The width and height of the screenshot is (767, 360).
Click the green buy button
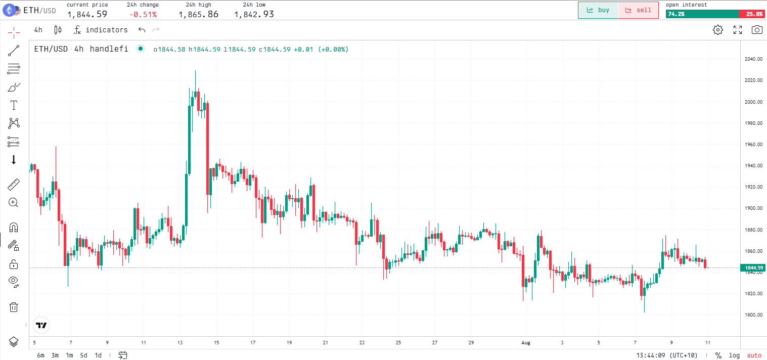click(598, 10)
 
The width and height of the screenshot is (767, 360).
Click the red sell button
click(638, 10)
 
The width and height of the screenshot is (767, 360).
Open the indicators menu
click(101, 30)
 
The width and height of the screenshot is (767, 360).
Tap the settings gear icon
click(717, 30)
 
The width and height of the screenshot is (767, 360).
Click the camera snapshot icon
click(756, 30)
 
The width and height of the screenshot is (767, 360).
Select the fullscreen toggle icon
click(738, 30)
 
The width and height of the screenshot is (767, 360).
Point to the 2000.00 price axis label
click(753, 102)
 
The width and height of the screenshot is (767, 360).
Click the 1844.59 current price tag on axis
click(753, 267)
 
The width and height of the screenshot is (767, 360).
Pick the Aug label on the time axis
click(526, 342)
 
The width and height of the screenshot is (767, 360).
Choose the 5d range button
click(83, 355)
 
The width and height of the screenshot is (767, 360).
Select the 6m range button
click(40, 355)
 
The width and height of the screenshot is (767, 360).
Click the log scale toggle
click(734, 355)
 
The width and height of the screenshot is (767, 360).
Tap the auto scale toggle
click(754, 355)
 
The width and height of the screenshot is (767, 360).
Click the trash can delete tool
click(14, 307)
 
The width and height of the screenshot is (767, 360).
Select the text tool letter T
click(14, 105)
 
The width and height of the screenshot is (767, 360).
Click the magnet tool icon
click(14, 227)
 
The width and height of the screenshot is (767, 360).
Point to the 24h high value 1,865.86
click(198, 14)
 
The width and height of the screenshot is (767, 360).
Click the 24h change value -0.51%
click(143, 14)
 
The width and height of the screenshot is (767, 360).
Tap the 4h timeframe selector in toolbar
click(38, 30)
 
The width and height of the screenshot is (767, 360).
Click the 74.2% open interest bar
click(702, 14)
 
